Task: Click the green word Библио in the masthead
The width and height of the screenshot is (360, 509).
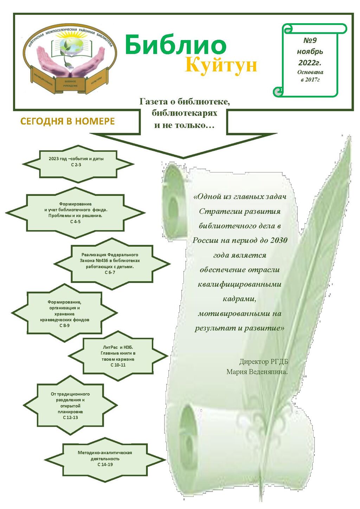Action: [x=175, y=45]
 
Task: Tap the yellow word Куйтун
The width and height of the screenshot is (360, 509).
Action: [x=221, y=65]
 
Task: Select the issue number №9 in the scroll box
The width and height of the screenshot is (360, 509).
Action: [x=310, y=40]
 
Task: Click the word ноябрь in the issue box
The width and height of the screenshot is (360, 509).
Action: [x=310, y=52]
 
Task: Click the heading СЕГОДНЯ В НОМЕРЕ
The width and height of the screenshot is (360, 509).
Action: [x=67, y=121]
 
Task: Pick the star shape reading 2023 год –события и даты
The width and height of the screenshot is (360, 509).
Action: [x=76, y=162]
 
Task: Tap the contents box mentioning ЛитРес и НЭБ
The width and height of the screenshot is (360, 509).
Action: [x=118, y=356]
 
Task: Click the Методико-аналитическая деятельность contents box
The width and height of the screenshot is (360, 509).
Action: [x=105, y=458]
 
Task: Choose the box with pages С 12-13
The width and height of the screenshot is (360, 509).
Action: [x=70, y=406]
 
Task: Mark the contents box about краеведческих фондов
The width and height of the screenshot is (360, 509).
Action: [x=64, y=314]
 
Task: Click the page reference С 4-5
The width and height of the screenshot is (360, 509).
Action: [x=75, y=221]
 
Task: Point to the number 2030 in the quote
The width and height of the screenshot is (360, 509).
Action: [x=279, y=240]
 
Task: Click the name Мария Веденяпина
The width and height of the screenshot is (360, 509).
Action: [x=257, y=372]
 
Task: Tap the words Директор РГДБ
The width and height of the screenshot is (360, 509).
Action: [x=264, y=362]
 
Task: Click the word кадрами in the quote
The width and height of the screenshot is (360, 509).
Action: [x=239, y=299]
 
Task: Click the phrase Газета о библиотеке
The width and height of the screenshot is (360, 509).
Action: [x=185, y=102]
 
